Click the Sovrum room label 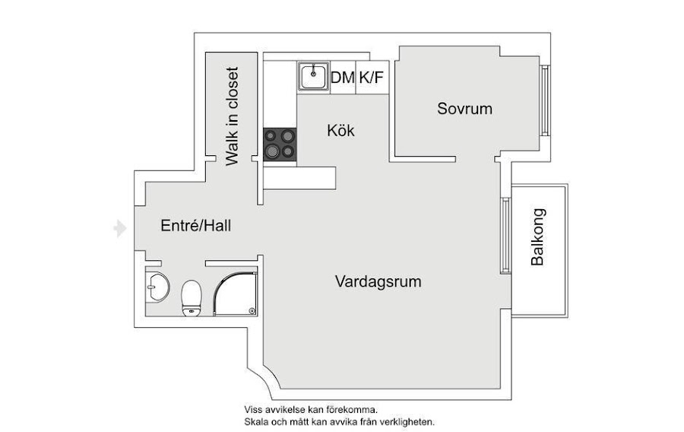point(464,109)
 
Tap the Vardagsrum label point(378,281)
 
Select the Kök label point(340,130)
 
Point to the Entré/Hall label point(195,226)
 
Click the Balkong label point(538,237)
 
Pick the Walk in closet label point(233,116)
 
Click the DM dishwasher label point(343,77)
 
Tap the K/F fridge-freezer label point(371,77)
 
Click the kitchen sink point(312,76)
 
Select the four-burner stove point(279,144)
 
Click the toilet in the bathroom point(191,297)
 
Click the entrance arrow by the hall point(119,228)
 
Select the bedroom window point(544,100)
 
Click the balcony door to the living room point(505,236)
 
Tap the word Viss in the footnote point(253,409)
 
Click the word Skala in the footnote point(256,421)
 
